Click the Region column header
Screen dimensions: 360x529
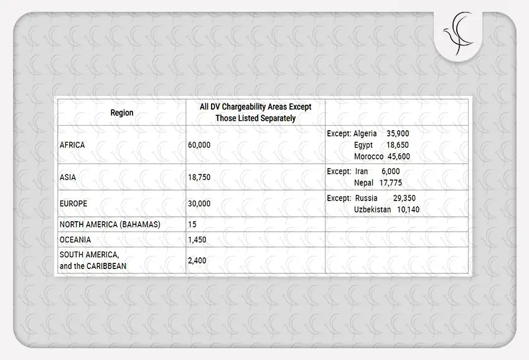click(x=122, y=113)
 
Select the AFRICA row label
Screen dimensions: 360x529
click(x=72, y=145)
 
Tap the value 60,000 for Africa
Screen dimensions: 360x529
click(x=199, y=145)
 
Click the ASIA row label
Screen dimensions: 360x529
click(x=68, y=178)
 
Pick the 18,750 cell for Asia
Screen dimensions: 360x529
click(x=199, y=178)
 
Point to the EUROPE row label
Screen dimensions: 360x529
click(x=73, y=204)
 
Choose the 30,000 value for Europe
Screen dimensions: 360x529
click(x=199, y=204)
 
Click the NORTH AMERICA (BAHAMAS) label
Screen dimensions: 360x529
click(x=110, y=224)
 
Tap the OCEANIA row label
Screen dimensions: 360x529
click(x=75, y=240)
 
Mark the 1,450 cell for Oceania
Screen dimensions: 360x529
click(x=197, y=240)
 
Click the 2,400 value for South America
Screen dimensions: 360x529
click(x=197, y=260)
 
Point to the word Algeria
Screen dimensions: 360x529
click(x=365, y=133)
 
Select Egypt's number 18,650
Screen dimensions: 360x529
click(x=398, y=145)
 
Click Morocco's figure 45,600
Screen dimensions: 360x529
click(x=399, y=156)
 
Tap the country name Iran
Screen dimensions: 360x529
click(x=362, y=171)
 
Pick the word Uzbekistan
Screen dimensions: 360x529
click(x=373, y=210)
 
